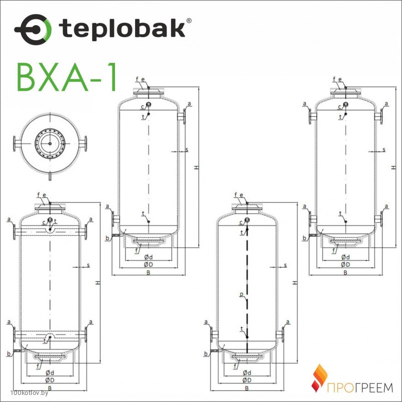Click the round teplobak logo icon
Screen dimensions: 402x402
(x=33, y=30)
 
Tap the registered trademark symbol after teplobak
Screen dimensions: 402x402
(x=189, y=21)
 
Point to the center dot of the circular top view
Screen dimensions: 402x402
(x=50, y=144)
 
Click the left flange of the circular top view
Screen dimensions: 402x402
(x=17, y=144)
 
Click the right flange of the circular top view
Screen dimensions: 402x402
(x=83, y=144)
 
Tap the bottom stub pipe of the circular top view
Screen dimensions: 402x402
(x=50, y=177)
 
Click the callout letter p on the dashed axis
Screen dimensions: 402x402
(x=241, y=295)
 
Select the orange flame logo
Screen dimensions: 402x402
(x=319, y=378)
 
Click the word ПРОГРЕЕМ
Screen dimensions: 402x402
(x=360, y=387)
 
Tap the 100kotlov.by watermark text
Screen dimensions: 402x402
(x=30, y=393)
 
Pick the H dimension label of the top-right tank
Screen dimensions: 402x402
(x=393, y=168)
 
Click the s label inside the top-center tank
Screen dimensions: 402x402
(x=187, y=150)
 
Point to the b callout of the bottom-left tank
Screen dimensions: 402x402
(x=9, y=354)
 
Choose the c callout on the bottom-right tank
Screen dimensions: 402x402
(x=241, y=223)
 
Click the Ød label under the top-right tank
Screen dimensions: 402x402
(x=345, y=257)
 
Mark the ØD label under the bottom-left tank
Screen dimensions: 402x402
(x=50, y=380)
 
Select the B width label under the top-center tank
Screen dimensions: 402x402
(x=148, y=273)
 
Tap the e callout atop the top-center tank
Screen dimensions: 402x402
(x=143, y=79)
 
